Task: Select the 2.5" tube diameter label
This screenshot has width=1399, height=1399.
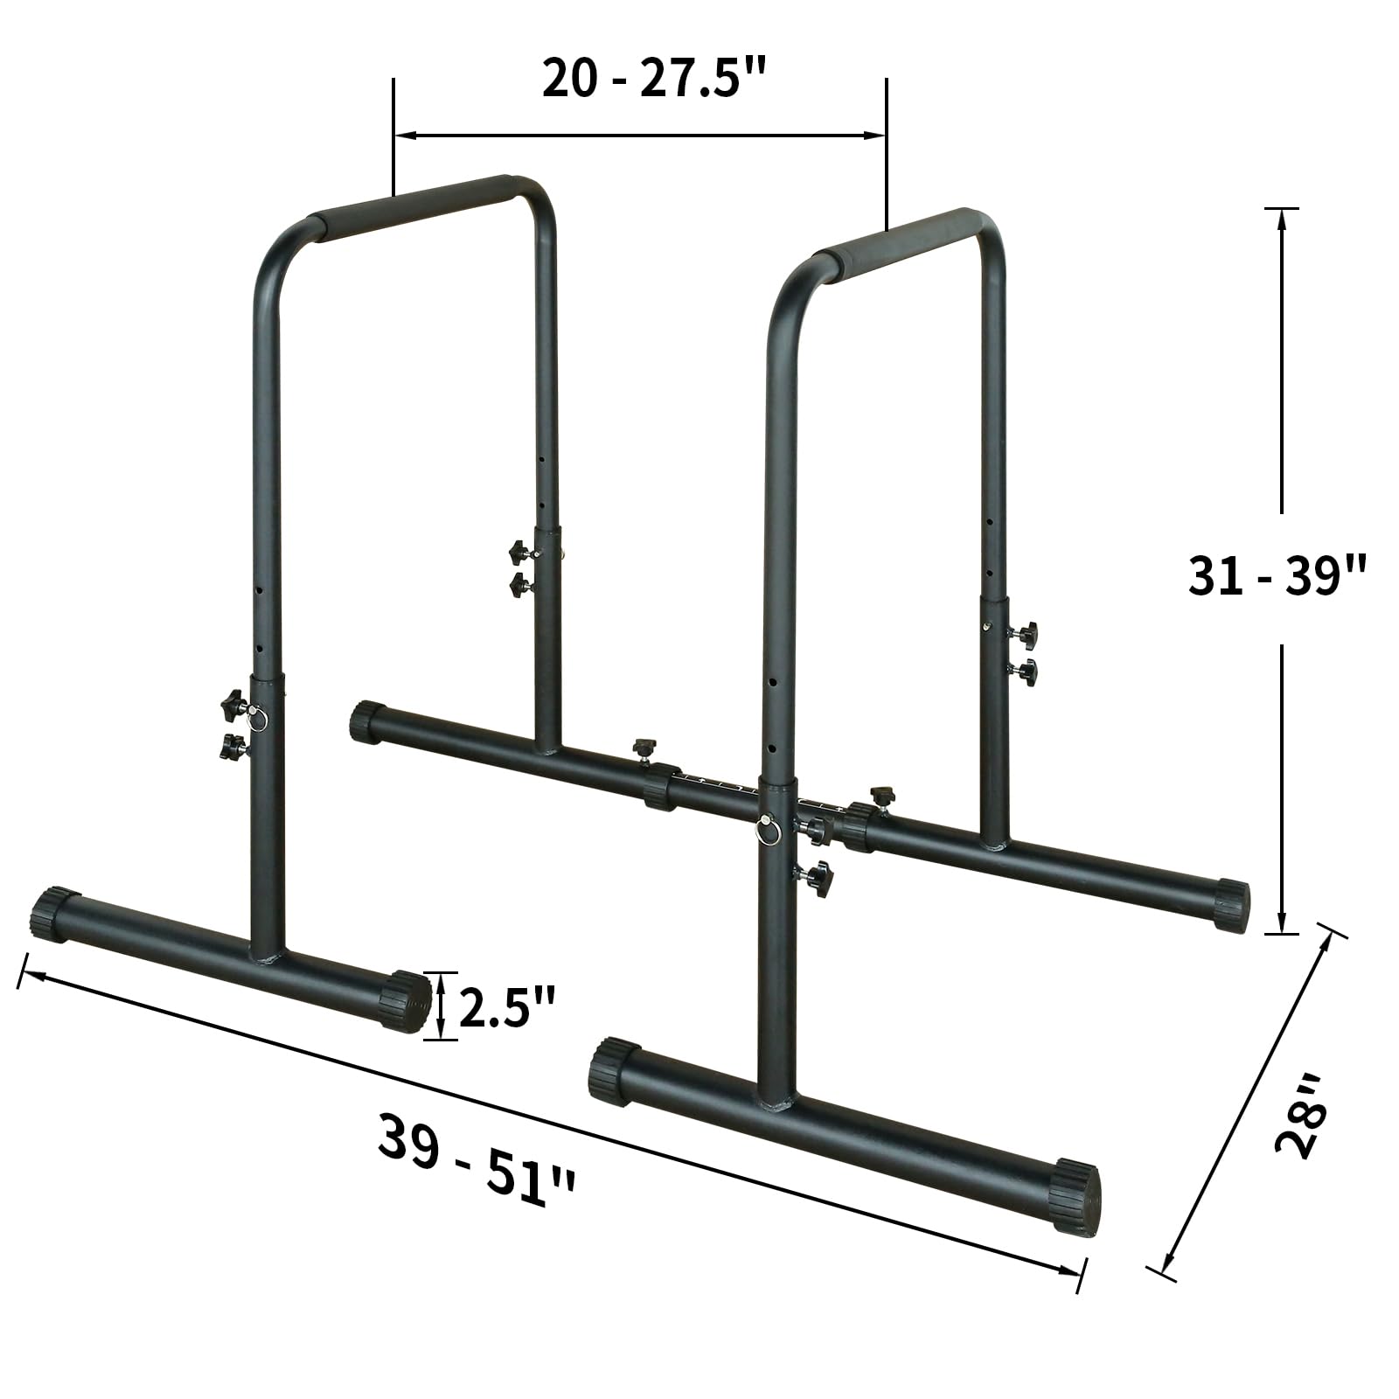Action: tap(507, 1008)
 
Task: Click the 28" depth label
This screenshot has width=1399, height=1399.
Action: tap(1301, 1128)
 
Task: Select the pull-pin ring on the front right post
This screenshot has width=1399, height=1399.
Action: tap(768, 829)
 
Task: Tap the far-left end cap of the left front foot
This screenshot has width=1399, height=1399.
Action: tap(53, 914)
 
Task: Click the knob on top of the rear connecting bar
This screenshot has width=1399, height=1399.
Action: tap(644, 747)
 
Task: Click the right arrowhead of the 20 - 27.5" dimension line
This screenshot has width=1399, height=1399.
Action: tap(876, 135)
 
